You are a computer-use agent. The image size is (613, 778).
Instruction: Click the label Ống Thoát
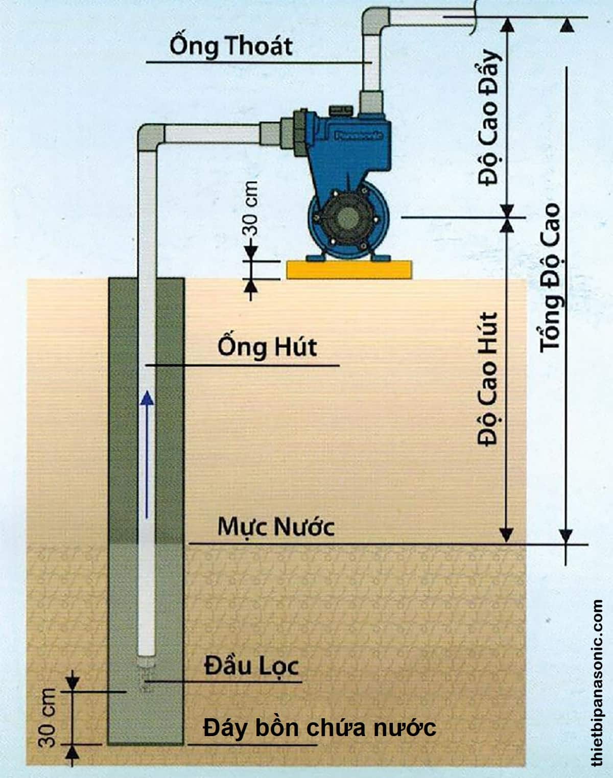click(x=231, y=46)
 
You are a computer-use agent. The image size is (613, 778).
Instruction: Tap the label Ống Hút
click(x=267, y=347)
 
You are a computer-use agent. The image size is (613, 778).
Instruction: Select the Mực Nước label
click(x=276, y=526)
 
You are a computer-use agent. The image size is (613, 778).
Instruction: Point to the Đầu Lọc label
click(x=251, y=666)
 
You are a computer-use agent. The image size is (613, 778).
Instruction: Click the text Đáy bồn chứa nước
click(x=320, y=727)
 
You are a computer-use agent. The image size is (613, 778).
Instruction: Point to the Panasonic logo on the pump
click(x=359, y=136)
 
